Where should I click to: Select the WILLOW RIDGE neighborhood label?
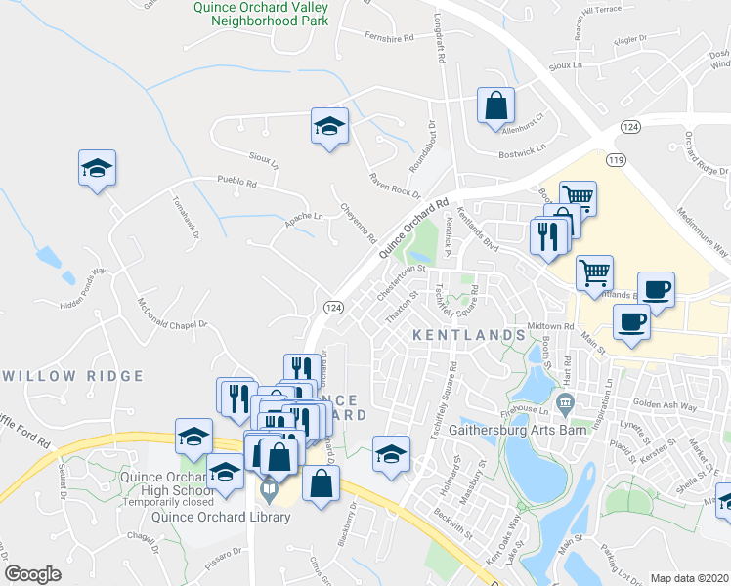[61, 374]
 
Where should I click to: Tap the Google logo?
[32, 574]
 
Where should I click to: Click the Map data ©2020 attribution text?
[688, 578]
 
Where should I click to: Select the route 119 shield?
[615, 159]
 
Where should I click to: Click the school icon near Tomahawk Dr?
[97, 168]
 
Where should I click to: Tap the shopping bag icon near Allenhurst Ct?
[495, 105]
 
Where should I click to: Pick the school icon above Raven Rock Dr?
[329, 125]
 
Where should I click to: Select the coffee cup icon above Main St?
[632, 321]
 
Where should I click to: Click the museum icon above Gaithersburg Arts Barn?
[563, 402]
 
